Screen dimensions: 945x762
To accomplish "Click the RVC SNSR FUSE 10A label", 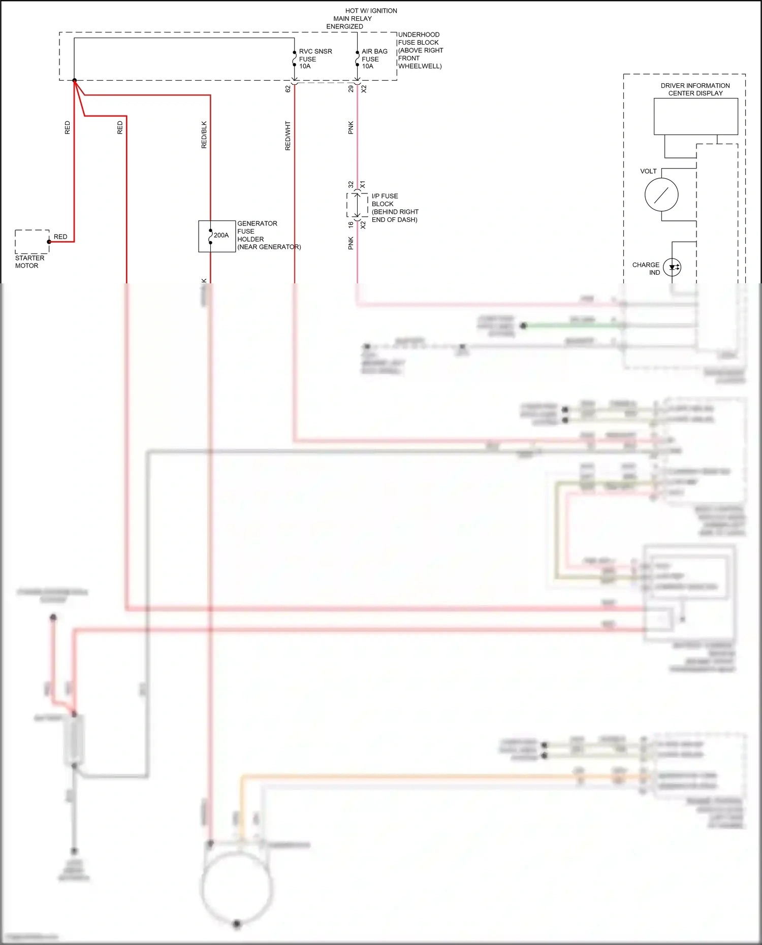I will [x=314, y=59].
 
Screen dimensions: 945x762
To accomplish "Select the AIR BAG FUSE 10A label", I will [x=374, y=59].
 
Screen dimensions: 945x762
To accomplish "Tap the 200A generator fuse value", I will [x=221, y=236].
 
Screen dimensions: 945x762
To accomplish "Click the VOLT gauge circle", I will [x=661, y=195].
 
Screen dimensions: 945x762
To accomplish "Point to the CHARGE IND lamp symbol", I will [x=672, y=267].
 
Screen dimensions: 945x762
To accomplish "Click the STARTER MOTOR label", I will [x=29, y=262].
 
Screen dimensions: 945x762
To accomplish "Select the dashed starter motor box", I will [x=32, y=242].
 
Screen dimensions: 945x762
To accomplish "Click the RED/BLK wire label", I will [x=204, y=135].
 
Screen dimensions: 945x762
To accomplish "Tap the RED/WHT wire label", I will [x=288, y=136].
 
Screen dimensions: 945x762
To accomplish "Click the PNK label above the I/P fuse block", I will [x=351, y=128].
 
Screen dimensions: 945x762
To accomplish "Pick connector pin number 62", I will [x=288, y=89].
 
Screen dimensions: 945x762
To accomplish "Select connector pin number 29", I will [x=351, y=89].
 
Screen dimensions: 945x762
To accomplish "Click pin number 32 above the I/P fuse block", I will [x=351, y=184].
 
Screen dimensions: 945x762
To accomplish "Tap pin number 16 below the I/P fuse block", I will [x=351, y=224].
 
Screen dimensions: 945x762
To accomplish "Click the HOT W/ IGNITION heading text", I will [x=371, y=11].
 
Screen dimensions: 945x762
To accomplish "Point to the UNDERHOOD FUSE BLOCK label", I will [x=420, y=50].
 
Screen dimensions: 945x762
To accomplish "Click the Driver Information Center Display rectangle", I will [x=695, y=116].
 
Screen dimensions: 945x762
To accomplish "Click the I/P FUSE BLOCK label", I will [x=394, y=208].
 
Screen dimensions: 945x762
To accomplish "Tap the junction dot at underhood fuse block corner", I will [x=75, y=80].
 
